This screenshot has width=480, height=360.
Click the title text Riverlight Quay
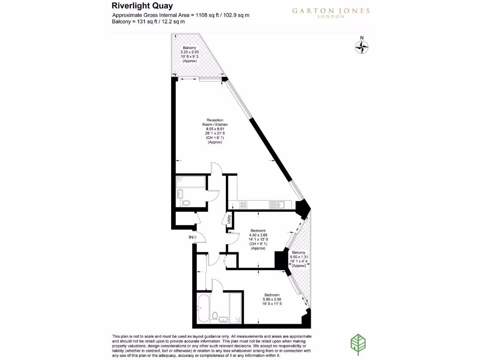click(142, 6)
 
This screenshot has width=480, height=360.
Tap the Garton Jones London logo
click(330, 12)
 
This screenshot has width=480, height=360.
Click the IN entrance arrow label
click(191, 238)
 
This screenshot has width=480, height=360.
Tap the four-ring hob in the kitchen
click(243, 204)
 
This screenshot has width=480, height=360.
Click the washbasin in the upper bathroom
click(180, 194)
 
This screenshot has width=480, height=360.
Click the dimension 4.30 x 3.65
click(258, 235)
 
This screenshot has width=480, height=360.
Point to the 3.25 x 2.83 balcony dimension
click(189, 52)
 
